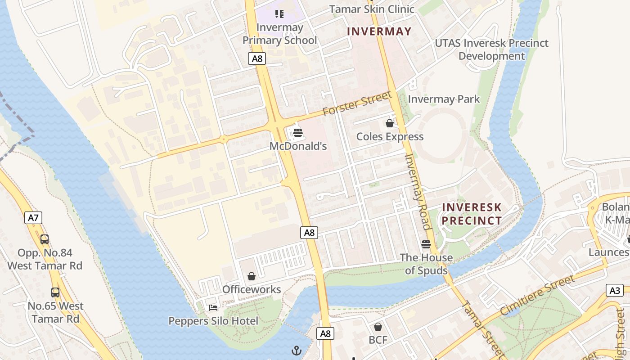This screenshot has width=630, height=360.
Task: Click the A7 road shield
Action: (x=33, y=218)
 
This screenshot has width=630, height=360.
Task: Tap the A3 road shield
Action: (x=615, y=290)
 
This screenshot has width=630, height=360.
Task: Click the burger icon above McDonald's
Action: (x=297, y=133)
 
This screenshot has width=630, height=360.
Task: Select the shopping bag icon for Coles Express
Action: (x=390, y=123)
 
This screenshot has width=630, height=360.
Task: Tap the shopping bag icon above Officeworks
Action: (x=252, y=276)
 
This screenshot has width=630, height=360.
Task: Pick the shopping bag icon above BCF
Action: (x=378, y=327)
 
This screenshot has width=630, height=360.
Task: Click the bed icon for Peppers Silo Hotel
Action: (x=213, y=308)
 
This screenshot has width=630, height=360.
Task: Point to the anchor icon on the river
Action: (x=296, y=351)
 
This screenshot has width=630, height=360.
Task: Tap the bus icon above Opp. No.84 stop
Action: (x=45, y=239)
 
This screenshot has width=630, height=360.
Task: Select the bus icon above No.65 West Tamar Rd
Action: (x=55, y=292)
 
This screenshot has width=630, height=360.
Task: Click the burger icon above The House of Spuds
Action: (x=426, y=244)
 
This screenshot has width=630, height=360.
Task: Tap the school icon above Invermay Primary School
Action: (x=279, y=14)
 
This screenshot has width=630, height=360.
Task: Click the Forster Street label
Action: (x=357, y=103)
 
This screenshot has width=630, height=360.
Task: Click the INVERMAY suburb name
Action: (x=379, y=31)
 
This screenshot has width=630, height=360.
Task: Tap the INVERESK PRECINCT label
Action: (x=472, y=214)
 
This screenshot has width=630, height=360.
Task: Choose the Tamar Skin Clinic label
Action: (x=372, y=9)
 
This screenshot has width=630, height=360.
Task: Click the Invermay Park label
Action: (x=444, y=99)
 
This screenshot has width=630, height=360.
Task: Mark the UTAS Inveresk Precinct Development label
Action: (x=491, y=49)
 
